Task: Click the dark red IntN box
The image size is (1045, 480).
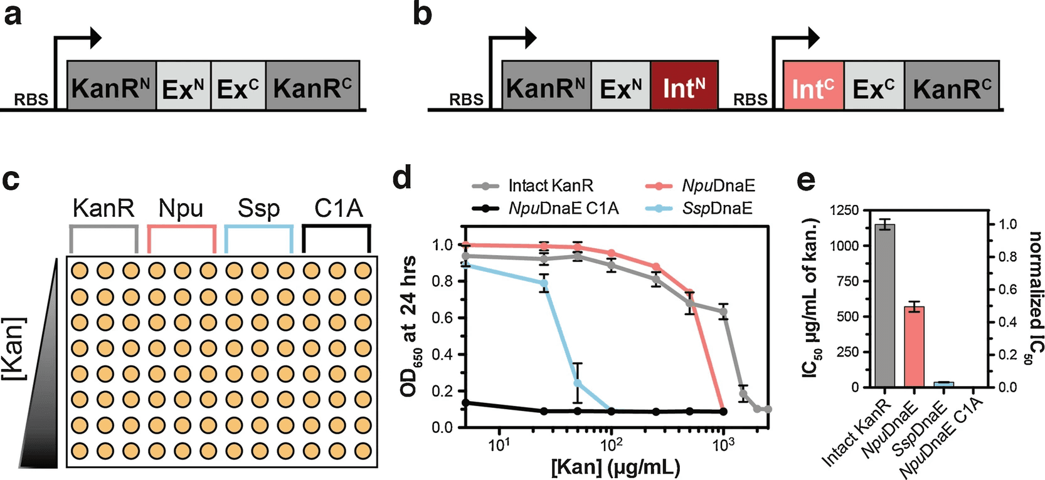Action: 684,86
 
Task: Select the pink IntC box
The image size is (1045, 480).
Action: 813,86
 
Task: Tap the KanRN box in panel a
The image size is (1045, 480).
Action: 111,86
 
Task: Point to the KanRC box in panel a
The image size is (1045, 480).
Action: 312,86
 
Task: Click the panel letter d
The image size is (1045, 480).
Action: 401,179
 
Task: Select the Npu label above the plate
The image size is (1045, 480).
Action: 181,208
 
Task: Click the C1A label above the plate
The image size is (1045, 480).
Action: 338,208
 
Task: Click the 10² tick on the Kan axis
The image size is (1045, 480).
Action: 611,446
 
